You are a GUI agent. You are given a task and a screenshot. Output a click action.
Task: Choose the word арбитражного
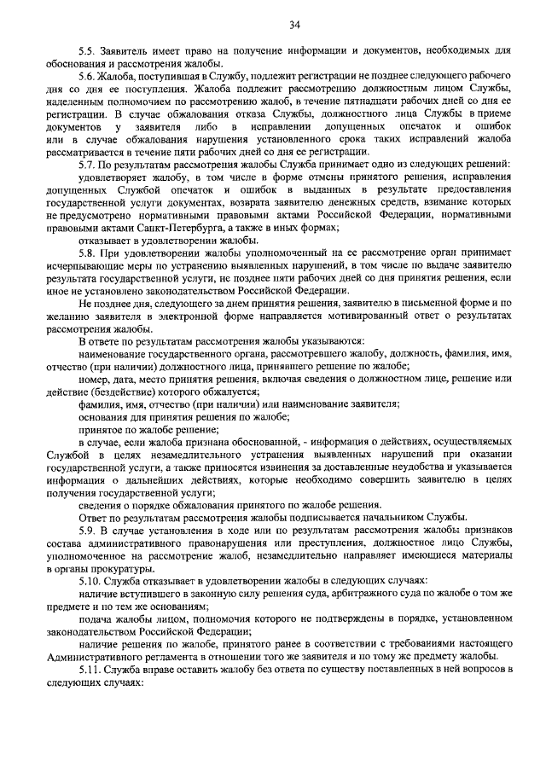(x=340, y=593)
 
